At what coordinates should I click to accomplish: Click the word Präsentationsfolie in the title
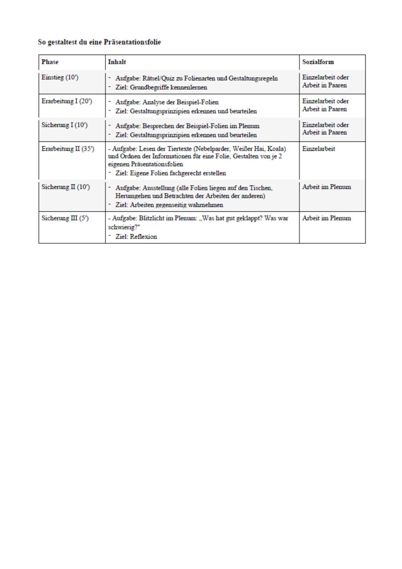pyautogui.click(x=132, y=42)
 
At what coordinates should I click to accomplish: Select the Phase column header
pyautogui.click(x=50, y=62)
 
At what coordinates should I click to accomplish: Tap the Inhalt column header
pyautogui.click(x=117, y=62)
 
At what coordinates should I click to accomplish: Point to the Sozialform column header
pyautogui.click(x=318, y=62)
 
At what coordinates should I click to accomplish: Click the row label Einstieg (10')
pyautogui.click(x=60, y=77)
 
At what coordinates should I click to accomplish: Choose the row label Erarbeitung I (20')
pyautogui.click(x=67, y=101)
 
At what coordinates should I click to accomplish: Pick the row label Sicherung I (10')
pyautogui.click(x=64, y=125)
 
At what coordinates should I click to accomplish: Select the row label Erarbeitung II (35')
pyautogui.click(x=68, y=149)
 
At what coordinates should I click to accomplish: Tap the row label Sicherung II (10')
pyautogui.click(x=65, y=187)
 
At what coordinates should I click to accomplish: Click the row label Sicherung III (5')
pyautogui.click(x=65, y=218)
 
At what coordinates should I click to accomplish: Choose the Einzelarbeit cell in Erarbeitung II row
pyautogui.click(x=318, y=149)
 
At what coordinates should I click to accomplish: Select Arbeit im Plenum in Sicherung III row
pyautogui.click(x=326, y=218)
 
